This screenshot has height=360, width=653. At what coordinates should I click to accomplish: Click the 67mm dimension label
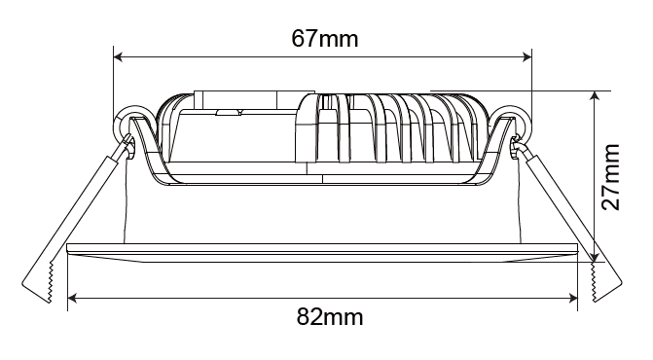tap(324, 39)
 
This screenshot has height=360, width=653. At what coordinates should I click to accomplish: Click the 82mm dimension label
tap(329, 317)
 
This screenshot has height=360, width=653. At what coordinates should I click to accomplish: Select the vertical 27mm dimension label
tap(610, 177)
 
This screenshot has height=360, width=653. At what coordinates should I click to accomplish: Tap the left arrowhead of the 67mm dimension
tap(118, 57)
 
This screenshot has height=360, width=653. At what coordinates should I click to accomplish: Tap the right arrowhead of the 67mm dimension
tap(527, 57)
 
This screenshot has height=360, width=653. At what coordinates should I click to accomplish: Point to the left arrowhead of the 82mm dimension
tap(72, 298)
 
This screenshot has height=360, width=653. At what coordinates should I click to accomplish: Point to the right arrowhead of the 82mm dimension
tap(573, 298)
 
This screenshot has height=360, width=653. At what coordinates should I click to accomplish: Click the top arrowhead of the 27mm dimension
tap(595, 95)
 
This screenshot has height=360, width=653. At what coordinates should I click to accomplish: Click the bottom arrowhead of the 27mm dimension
tap(595, 258)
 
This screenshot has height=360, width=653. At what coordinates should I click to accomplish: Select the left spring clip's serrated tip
tap(51, 282)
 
